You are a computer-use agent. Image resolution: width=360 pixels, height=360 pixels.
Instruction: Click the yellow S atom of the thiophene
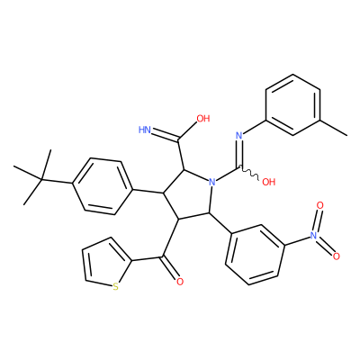(115, 287)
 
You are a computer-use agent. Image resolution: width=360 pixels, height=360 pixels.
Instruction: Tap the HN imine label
(145, 130)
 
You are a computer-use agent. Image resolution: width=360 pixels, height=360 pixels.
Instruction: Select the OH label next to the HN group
(203, 119)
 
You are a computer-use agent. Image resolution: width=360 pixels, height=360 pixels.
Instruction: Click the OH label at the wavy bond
(268, 182)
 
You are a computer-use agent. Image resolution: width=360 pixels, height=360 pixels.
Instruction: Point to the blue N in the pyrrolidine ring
(212, 182)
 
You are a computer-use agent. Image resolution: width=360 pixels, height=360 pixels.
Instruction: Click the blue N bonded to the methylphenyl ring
(239, 136)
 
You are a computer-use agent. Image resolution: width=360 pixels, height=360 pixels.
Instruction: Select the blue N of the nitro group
(313, 235)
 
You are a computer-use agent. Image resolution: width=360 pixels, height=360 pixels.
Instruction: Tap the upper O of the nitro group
(320, 205)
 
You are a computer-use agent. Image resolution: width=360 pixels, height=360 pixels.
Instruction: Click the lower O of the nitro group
(337, 256)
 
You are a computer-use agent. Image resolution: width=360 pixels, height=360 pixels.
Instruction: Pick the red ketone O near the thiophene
(180, 282)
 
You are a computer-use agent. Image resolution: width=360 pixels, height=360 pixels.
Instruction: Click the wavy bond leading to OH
(250, 174)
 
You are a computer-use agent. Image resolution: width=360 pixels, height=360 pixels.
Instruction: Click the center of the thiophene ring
(105, 263)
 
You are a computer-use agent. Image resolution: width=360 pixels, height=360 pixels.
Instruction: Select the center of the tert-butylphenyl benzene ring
(103, 186)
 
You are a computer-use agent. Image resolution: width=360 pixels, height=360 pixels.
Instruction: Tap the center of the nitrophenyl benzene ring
(256, 254)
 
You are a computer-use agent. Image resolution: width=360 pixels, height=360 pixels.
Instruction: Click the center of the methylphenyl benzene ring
(292, 105)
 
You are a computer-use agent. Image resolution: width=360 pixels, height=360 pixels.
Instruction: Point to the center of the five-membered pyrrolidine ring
(190, 195)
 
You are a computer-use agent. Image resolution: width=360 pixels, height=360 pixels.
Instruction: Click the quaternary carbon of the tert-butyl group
(42, 179)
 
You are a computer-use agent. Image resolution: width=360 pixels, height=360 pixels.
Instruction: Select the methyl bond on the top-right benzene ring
(334, 128)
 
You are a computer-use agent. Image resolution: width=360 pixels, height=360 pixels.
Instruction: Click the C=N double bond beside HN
(166, 136)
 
